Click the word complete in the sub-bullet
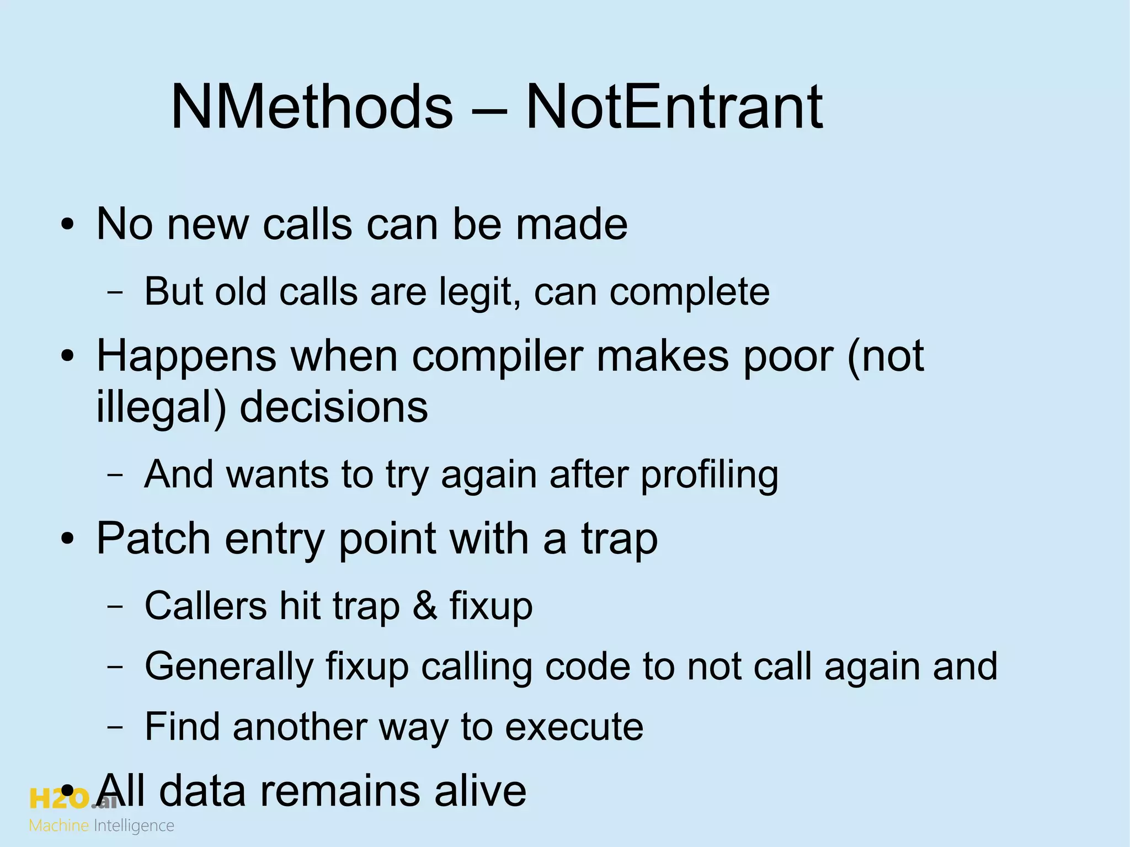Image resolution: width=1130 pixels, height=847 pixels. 689,292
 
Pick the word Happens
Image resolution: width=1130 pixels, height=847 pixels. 186,356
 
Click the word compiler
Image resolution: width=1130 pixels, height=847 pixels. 497,356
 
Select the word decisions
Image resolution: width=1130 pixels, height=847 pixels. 334,407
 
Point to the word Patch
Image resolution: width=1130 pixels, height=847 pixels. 153,539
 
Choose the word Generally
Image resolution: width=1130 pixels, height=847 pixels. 229,666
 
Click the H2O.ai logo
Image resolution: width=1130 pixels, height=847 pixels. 72,798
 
